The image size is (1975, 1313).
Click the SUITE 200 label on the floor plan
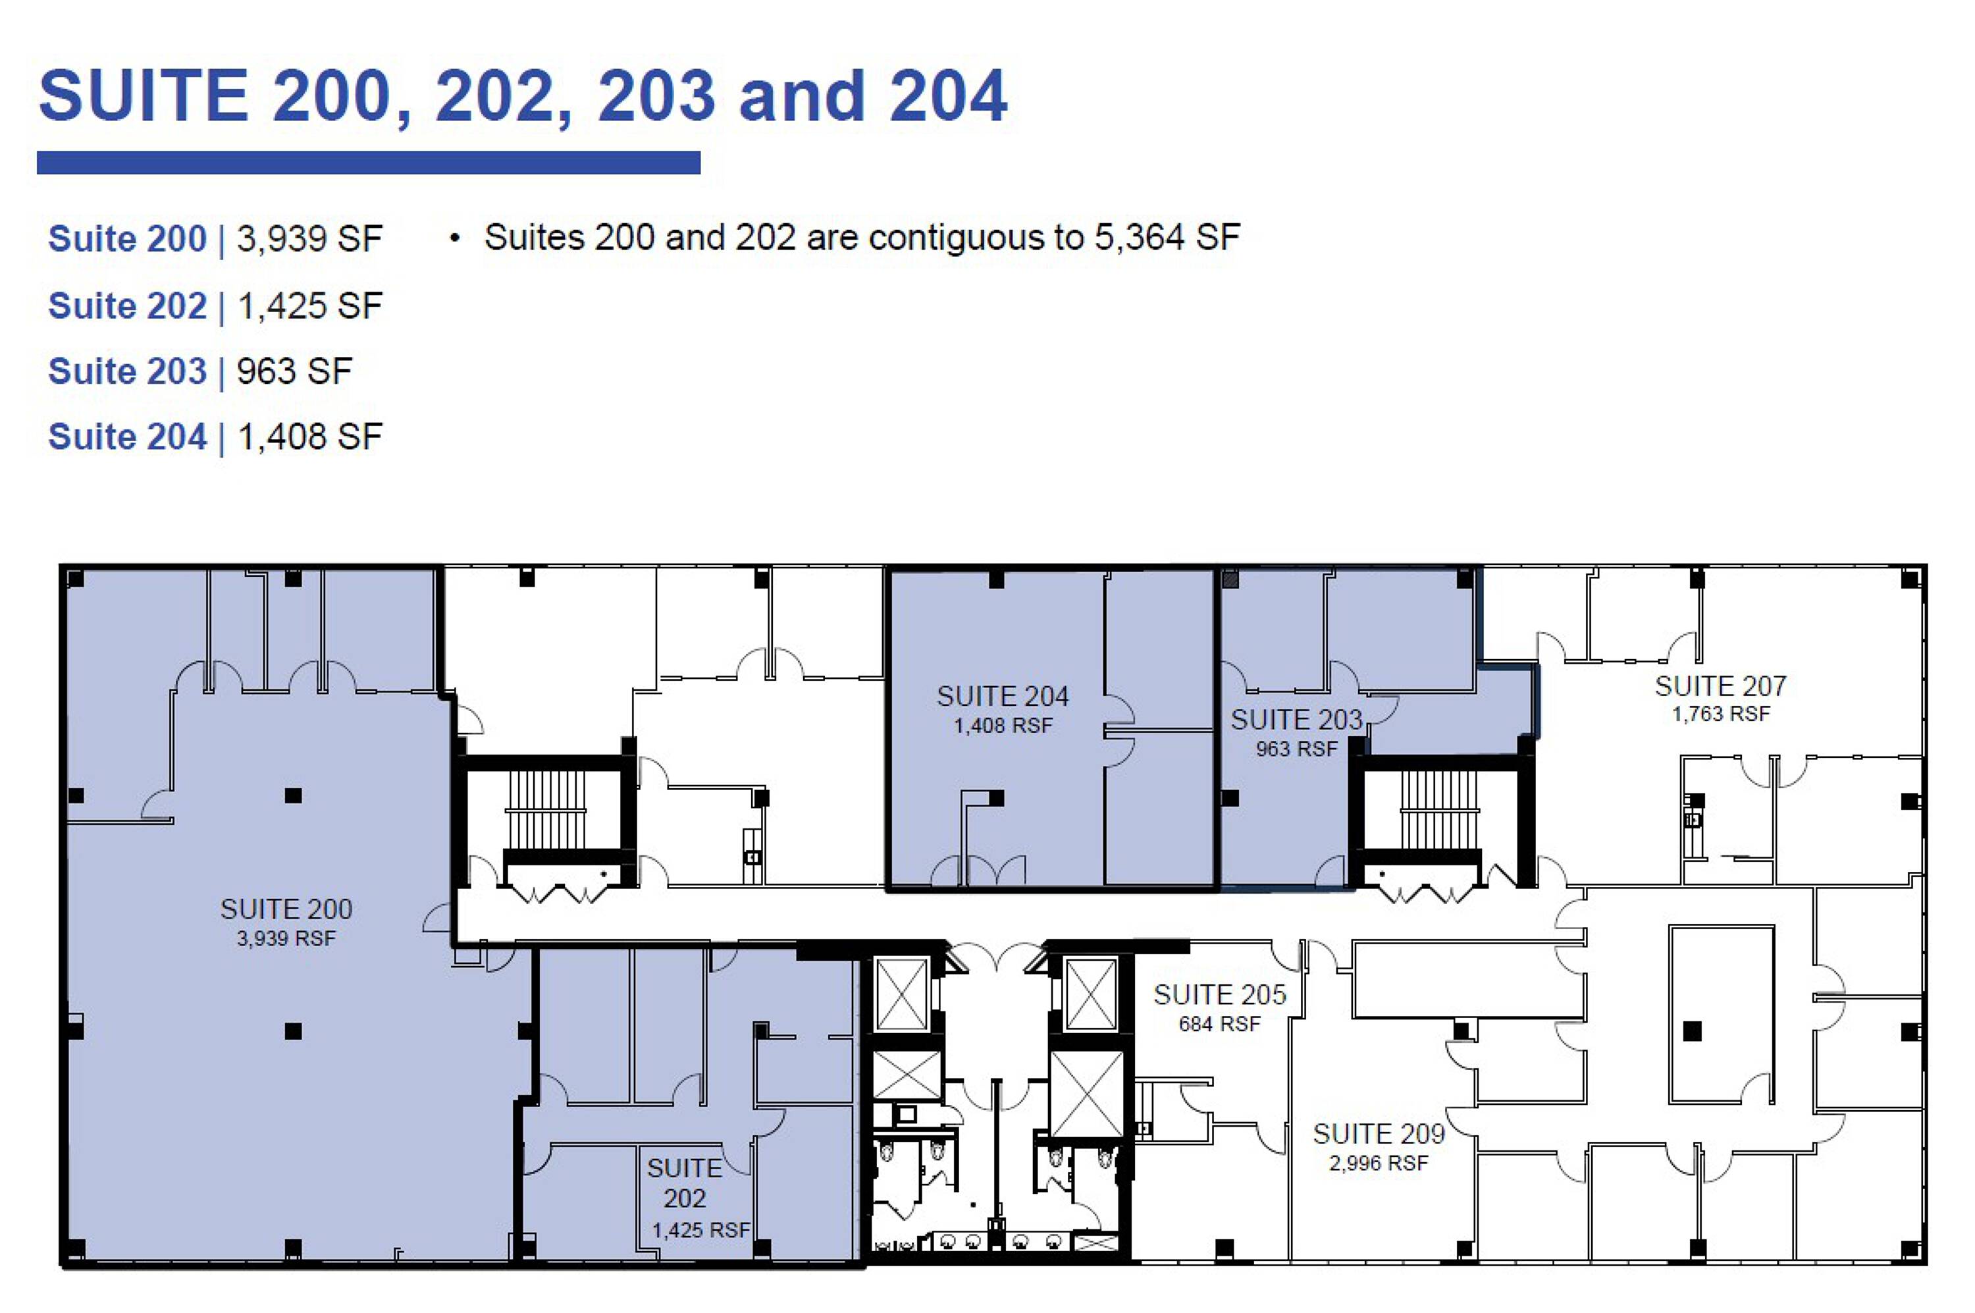coord(286,909)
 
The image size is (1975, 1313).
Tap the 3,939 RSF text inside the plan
coord(286,939)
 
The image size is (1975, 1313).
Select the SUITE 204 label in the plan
coord(1002,696)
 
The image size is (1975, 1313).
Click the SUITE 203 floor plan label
coord(1296,719)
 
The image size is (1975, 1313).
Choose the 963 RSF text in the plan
coord(1296,749)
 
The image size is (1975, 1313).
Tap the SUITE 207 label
coord(1720,686)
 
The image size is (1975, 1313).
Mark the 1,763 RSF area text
coord(1720,714)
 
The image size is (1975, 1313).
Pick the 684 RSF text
coord(1219,1024)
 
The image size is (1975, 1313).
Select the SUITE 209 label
coord(1378,1133)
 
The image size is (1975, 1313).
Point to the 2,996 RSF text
coord(1378,1163)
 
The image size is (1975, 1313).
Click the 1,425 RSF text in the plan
coord(700,1230)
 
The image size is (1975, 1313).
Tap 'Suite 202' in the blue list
coord(127,306)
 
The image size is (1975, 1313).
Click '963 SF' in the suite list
coord(294,371)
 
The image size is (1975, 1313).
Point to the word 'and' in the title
coord(801,95)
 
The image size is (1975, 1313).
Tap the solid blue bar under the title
coord(369,163)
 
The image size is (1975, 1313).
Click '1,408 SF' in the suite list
coord(310,437)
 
